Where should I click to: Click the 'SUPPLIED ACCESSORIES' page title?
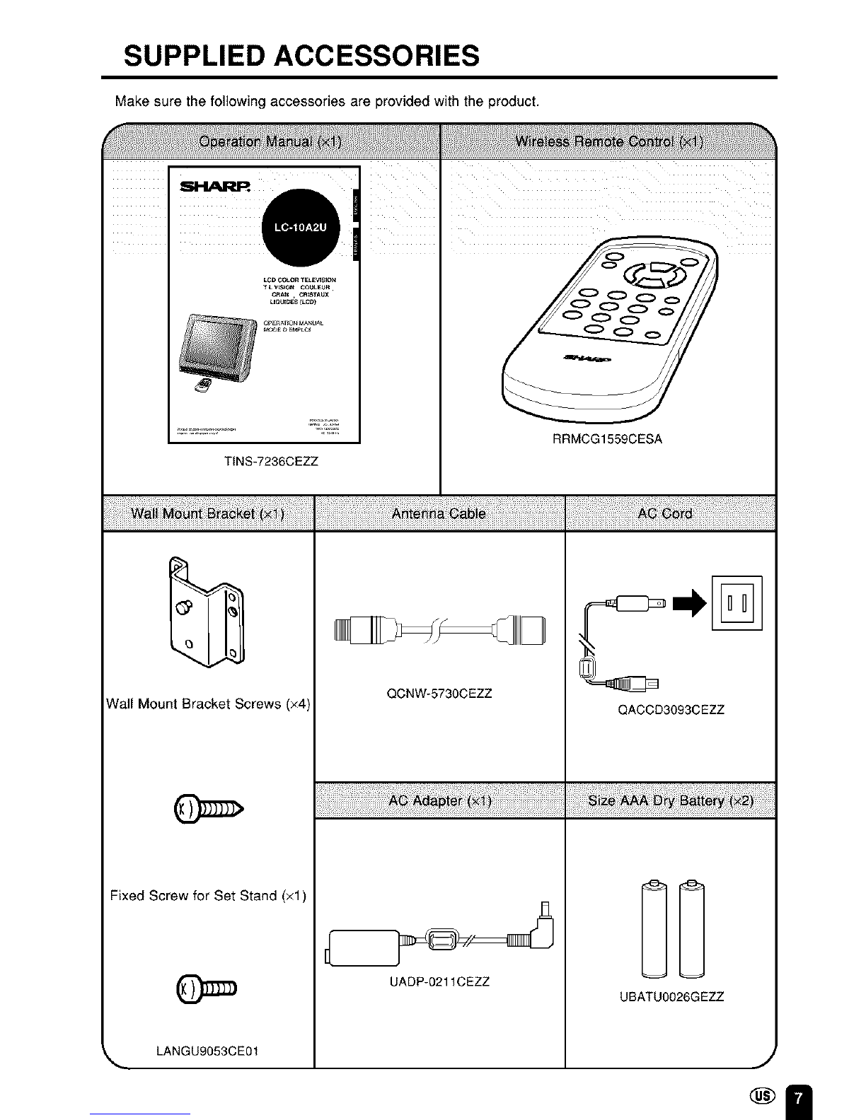(x=301, y=54)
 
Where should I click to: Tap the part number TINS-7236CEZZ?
(x=271, y=462)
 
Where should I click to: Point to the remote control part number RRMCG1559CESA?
(x=607, y=439)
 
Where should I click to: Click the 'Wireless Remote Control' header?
(x=608, y=141)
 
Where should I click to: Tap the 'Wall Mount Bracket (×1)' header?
(x=207, y=513)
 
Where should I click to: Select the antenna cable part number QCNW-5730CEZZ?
(x=439, y=694)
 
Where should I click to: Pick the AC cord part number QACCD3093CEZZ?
(x=671, y=710)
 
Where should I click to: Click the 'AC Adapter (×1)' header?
(x=439, y=800)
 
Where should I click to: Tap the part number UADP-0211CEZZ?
(x=439, y=982)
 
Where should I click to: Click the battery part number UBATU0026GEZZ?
(x=671, y=997)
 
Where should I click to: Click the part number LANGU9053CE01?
(x=207, y=1050)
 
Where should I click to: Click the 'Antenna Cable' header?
(x=439, y=513)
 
